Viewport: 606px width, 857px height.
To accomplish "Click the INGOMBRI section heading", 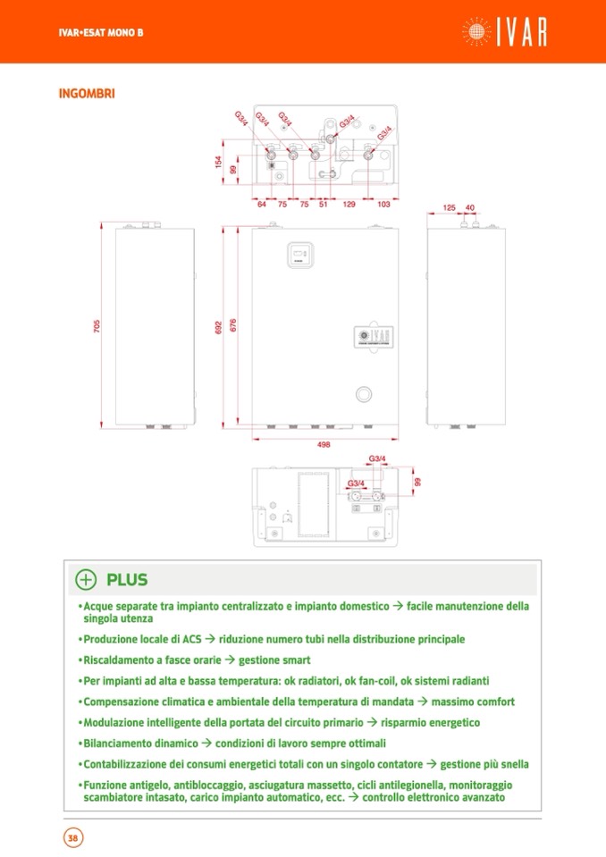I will click(86, 94).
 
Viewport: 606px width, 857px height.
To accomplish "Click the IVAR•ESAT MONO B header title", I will click(100, 32).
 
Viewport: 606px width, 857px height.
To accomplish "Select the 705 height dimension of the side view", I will click(97, 327).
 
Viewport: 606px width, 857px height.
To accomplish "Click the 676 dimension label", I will click(233, 326).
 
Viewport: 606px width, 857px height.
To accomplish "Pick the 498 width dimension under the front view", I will click(325, 443).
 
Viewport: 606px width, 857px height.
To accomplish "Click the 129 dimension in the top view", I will click(349, 205).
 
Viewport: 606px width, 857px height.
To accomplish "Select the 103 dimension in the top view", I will click(383, 205).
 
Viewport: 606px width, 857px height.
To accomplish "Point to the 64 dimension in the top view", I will click(262, 205).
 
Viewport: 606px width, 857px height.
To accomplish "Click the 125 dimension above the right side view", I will click(449, 207).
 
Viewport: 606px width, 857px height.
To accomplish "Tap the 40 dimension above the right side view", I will click(469, 207).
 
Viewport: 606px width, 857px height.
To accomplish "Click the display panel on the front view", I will click(298, 256).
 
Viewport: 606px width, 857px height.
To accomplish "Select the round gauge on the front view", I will click(365, 394).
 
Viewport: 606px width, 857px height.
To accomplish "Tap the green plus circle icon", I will click(86, 579).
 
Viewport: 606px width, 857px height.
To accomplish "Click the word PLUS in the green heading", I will click(127, 579).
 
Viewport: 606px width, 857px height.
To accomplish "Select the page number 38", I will click(72, 837).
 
